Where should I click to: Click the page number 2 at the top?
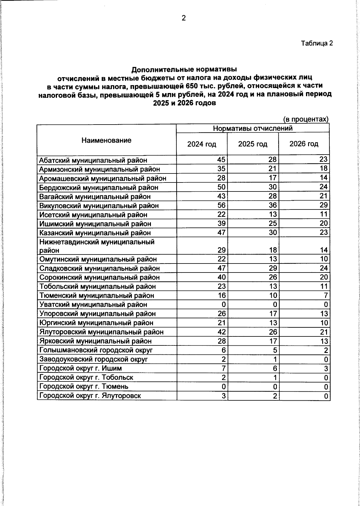click(184, 18)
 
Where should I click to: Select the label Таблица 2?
click(317, 43)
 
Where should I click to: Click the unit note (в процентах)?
click(306, 119)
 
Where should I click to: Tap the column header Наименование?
click(106, 140)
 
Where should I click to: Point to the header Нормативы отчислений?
click(253, 128)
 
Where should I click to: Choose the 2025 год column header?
click(253, 144)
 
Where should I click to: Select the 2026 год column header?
click(304, 144)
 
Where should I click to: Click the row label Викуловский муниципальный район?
click(99, 206)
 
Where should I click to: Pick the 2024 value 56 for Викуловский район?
click(221, 205)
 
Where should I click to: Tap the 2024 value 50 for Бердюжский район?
click(221, 187)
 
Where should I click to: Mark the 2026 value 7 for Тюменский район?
click(325, 295)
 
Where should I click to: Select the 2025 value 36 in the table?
click(273, 205)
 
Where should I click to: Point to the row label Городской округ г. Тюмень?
click(84, 387)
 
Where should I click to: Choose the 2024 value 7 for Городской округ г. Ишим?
click(223, 368)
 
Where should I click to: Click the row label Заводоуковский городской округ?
click(94, 359)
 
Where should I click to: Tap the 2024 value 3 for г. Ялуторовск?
click(223, 396)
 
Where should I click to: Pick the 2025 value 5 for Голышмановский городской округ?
click(274, 350)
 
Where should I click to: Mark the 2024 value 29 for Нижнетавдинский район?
click(221, 250)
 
